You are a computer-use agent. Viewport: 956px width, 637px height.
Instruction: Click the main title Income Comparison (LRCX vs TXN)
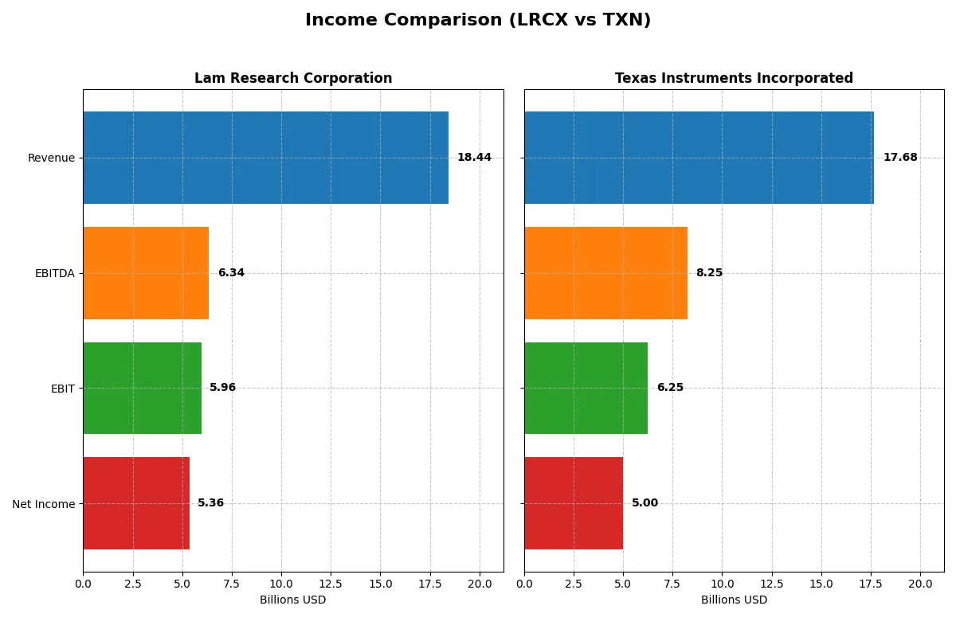click(x=478, y=21)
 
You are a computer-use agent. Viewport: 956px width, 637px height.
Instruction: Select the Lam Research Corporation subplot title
click(x=293, y=78)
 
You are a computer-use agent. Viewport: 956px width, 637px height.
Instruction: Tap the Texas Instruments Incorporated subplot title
click(x=734, y=78)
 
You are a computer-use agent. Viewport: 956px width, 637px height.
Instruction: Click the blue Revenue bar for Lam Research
click(x=265, y=158)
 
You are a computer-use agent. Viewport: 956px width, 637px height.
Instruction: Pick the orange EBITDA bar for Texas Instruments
click(x=605, y=273)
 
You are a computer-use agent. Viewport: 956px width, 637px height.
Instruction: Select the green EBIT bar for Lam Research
click(x=142, y=388)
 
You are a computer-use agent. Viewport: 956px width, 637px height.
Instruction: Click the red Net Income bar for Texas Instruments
click(x=574, y=503)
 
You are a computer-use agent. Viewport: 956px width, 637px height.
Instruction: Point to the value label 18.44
click(x=474, y=158)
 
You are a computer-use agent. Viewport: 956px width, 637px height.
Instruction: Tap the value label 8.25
click(x=709, y=273)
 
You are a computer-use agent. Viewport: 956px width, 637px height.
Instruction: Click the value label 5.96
click(x=222, y=388)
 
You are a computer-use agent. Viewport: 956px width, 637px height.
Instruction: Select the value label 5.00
click(x=645, y=503)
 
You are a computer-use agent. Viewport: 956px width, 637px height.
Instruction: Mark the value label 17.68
click(x=900, y=158)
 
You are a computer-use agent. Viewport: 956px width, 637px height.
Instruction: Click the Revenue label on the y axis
click(x=51, y=158)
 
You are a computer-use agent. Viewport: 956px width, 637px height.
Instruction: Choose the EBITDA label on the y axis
click(x=54, y=273)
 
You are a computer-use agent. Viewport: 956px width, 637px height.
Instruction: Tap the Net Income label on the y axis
click(x=43, y=504)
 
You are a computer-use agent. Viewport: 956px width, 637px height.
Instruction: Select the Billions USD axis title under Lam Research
click(x=292, y=600)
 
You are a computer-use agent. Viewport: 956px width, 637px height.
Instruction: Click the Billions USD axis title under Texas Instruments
click(x=734, y=600)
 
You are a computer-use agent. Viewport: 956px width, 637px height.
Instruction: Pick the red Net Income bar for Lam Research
click(x=136, y=503)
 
